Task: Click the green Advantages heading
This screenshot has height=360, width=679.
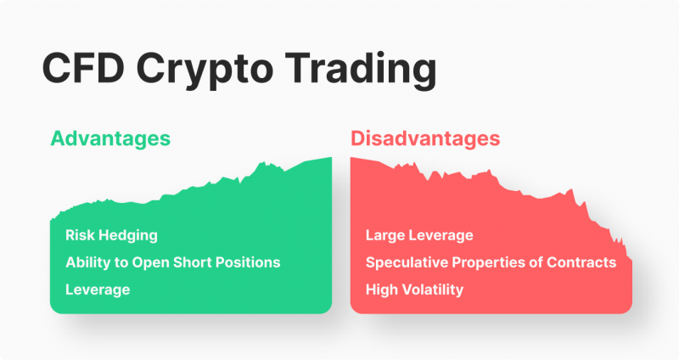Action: (109, 138)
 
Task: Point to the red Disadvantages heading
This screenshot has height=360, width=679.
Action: (425, 138)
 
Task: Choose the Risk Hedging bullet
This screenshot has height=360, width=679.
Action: (111, 235)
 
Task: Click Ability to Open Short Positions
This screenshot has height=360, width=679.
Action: (172, 262)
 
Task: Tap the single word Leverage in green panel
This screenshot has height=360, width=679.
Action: (98, 290)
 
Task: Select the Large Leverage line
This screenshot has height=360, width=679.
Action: (419, 235)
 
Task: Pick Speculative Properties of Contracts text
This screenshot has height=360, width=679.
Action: (491, 262)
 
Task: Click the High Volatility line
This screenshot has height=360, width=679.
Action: (414, 290)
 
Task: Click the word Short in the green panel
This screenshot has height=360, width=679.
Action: (194, 262)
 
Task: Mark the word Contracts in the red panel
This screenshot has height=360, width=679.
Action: (584, 262)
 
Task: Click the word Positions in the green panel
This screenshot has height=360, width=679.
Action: (249, 262)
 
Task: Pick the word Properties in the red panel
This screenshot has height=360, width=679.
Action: (490, 262)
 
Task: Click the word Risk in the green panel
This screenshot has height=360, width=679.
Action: (80, 235)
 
